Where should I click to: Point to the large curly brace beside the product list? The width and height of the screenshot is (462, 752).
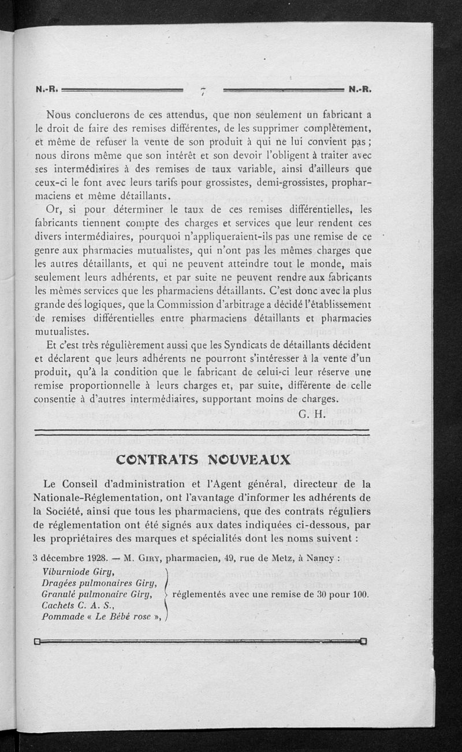point(167,593)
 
